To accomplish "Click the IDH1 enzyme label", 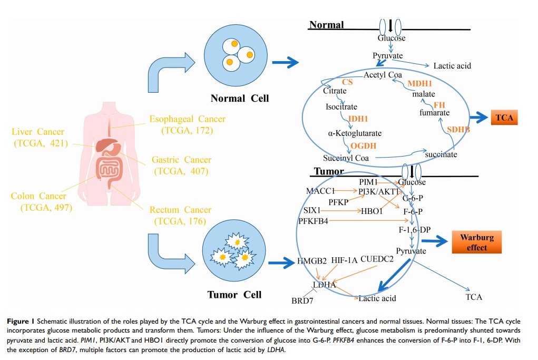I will coord(358,119).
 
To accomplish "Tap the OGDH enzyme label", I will coord(363,146).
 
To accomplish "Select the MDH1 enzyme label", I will coord(419,84).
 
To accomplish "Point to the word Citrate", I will coord(335,91).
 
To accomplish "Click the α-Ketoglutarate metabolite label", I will coord(355,133).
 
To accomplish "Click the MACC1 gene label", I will coord(320,190).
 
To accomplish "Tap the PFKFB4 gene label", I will coord(313,221).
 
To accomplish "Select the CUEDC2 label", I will coord(377,259).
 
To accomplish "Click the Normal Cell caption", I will coord(239,98).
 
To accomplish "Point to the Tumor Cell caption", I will coord(234,295).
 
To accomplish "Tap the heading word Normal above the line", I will coord(326,25).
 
